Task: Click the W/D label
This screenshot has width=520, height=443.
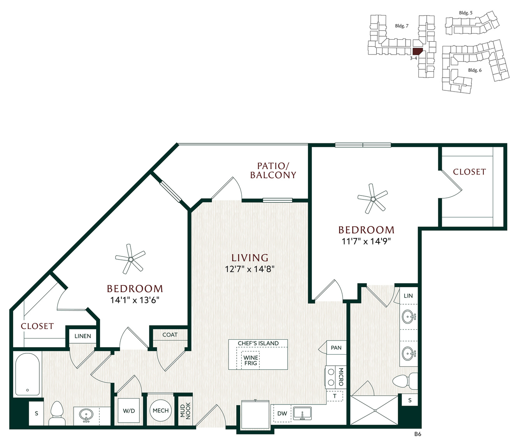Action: coord(129,411)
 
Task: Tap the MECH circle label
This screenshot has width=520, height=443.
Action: coord(160,411)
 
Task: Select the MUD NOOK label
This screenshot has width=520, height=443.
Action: coord(186,411)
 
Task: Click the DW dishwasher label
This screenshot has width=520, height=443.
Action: coord(282,413)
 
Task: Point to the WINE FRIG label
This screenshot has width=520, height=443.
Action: coord(251,360)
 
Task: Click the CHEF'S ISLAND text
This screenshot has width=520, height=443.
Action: coord(258,343)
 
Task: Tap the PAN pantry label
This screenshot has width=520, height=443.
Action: coord(336,348)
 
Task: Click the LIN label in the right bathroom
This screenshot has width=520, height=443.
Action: coord(408,296)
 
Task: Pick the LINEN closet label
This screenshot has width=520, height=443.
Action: coord(83,336)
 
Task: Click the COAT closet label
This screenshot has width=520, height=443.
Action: coord(170,335)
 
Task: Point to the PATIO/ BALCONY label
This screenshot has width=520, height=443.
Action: coord(273,171)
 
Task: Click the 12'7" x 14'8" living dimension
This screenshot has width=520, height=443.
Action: coord(249,269)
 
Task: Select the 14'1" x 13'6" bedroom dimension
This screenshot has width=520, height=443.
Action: coord(135,300)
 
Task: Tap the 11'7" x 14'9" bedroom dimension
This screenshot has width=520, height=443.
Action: coord(366,241)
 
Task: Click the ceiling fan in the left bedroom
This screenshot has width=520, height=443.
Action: coord(130,259)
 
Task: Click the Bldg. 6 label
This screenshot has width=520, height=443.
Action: coord(475,70)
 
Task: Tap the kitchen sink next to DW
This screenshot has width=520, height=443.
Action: coord(302,413)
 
